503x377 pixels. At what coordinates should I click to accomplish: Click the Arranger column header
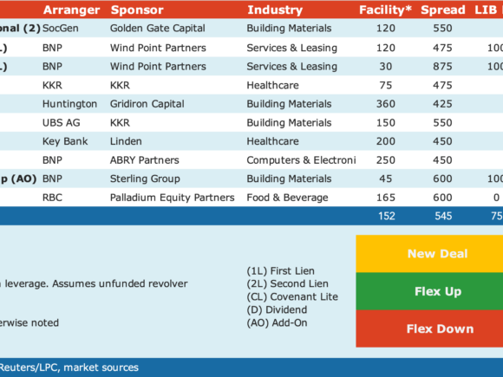pos(71,10)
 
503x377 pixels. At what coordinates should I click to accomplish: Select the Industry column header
pos(275,10)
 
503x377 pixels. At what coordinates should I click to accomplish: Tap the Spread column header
pos(443,10)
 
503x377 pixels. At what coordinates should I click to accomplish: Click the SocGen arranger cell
pos(61,29)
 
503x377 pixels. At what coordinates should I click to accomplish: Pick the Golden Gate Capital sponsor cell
pos(158,29)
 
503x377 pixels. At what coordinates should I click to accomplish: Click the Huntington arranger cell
pos(69,104)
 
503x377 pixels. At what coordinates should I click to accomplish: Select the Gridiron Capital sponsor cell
pos(147,104)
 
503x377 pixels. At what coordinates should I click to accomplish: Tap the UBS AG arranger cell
pos(62,122)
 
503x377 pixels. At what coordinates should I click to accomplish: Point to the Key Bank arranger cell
pos(65,141)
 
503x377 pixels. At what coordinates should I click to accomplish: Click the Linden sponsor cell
pos(126,141)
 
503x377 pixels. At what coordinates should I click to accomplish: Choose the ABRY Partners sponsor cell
pos(145,160)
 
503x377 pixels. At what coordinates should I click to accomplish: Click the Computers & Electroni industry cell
pos(301,160)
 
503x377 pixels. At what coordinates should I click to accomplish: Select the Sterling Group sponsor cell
pos(145,179)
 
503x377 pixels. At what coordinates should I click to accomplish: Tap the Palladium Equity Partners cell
pos(173,198)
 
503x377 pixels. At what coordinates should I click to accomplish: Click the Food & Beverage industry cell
pos(287,198)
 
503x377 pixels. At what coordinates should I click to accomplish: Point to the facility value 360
pos(386,104)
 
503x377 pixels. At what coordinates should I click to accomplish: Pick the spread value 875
pos(442,67)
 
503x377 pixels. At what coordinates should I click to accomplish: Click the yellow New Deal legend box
pos(429,254)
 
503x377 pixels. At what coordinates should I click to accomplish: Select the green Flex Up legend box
pos(429,291)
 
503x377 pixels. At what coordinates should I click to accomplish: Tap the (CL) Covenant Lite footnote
pos(292,297)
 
